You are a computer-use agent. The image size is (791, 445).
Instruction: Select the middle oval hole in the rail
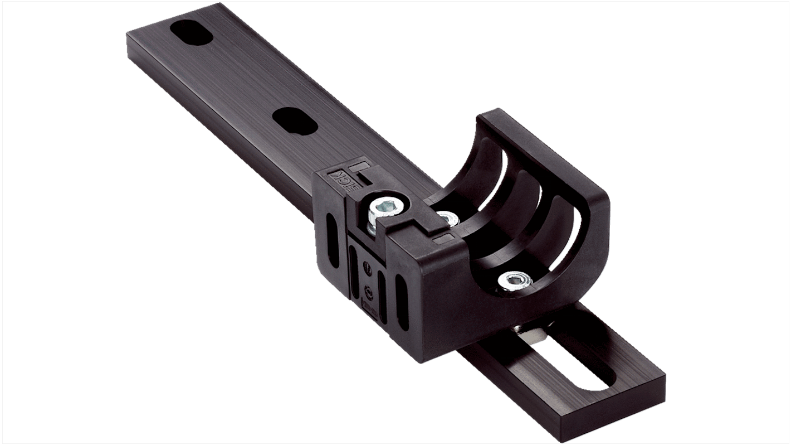tap(295, 120)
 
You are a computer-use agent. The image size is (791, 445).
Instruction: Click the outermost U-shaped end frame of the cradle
tap(579, 184)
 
